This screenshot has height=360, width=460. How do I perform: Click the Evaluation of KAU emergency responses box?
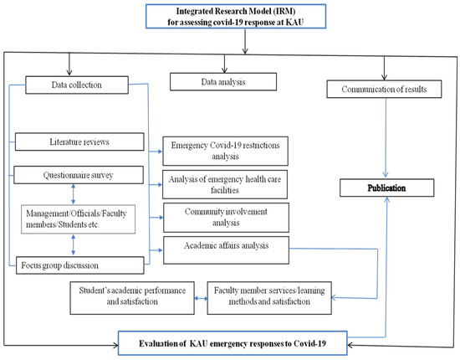(231, 342)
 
